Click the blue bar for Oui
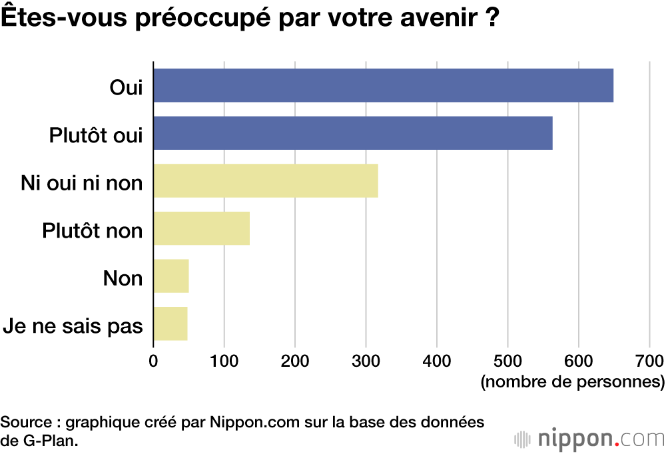point(383,85)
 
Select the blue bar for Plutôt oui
point(353,132)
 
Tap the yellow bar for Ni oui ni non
point(266,180)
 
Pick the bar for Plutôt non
point(202,228)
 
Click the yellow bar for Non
point(171,276)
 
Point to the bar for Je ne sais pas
point(170,324)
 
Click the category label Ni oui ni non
point(82,182)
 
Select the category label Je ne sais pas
point(73,327)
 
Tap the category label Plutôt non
point(93,230)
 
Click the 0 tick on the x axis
point(154,361)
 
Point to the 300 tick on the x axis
point(366,361)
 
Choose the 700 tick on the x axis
point(649,361)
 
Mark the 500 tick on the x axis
point(507,361)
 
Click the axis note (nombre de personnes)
point(572,382)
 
